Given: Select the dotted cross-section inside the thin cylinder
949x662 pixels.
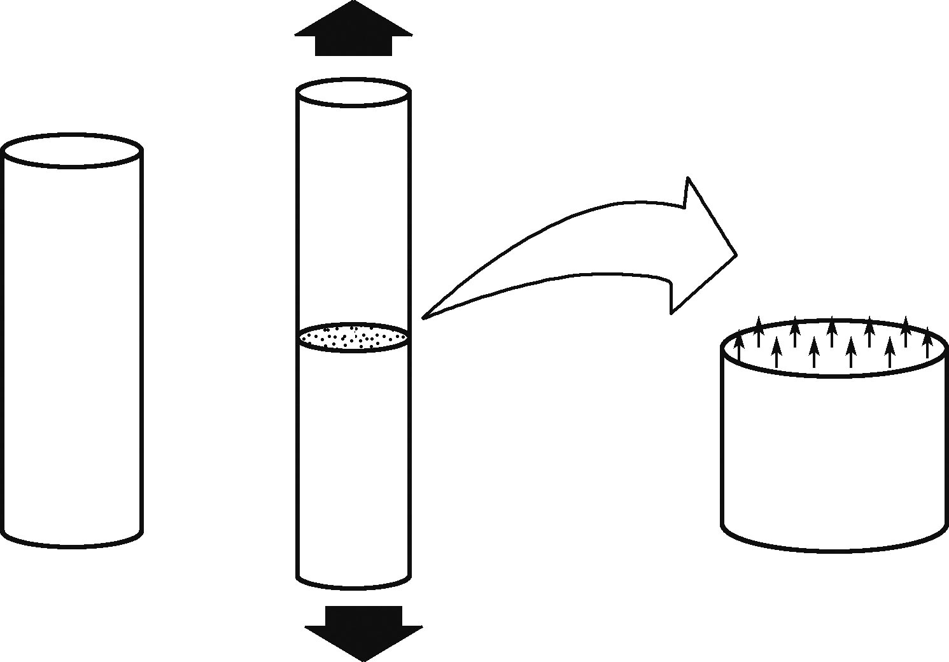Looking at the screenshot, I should point(353,337).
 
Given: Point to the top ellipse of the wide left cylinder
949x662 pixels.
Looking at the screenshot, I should point(72,150).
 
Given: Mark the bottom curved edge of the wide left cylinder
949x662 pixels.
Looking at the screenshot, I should point(72,546).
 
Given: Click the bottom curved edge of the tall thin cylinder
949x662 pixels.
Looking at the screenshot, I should point(353,588).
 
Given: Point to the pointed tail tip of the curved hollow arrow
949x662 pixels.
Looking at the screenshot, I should point(425,316).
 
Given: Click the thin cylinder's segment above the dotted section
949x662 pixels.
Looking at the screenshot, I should point(353,210).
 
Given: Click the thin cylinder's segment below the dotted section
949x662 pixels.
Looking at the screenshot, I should point(353,465).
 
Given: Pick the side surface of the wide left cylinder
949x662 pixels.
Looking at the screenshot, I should point(72,350).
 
